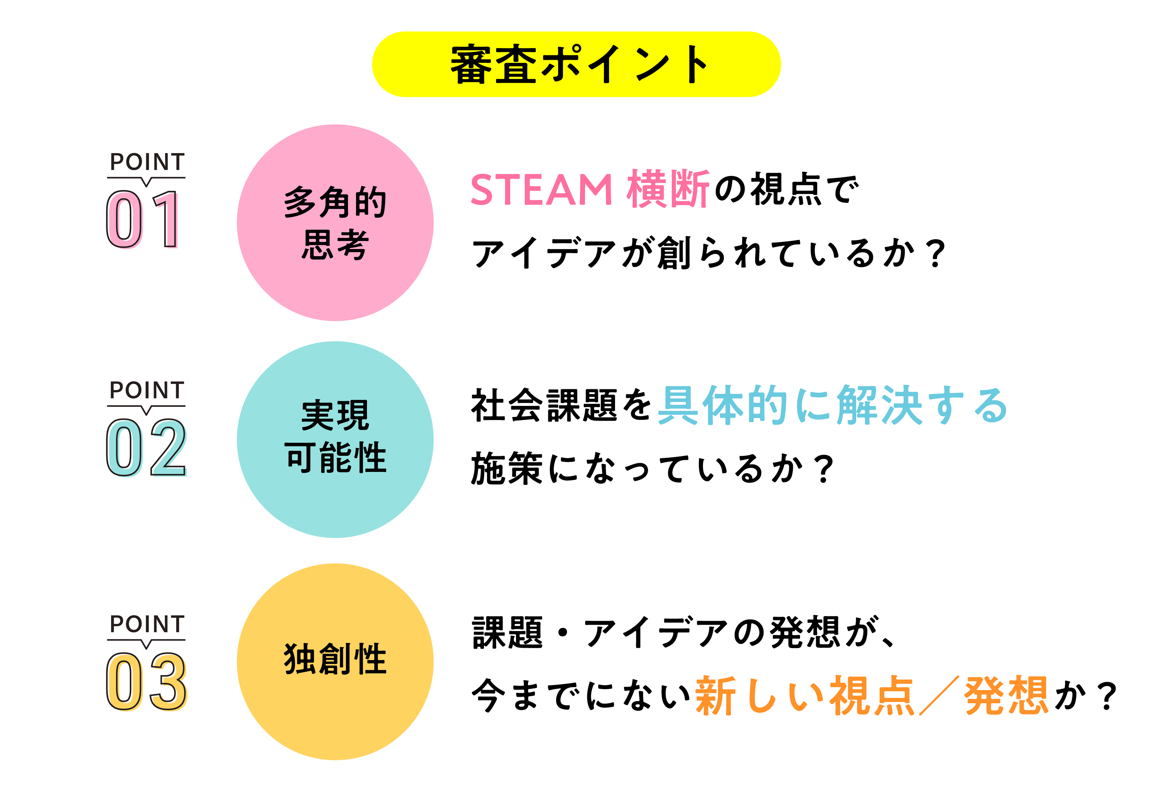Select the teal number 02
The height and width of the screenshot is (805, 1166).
pos(146,448)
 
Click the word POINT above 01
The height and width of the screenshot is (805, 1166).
pos(147,162)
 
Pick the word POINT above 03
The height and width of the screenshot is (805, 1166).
pos(147,624)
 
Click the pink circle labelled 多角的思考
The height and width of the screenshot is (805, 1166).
pos(335,222)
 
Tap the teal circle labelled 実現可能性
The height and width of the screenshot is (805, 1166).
pos(335,439)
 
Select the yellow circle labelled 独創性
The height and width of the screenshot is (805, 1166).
pos(335,661)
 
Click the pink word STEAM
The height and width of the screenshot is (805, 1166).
pos(541,190)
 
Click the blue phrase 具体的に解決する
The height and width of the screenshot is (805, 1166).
pos(832,405)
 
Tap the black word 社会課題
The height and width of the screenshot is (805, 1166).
pos(544,405)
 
